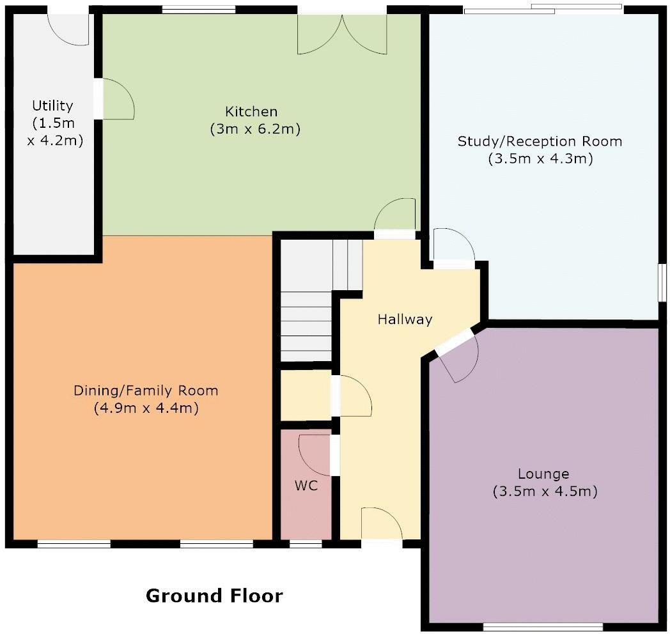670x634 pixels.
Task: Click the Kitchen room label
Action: [x=251, y=111]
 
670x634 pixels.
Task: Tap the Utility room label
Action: [x=52, y=105]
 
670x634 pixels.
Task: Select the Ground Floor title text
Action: [x=214, y=596]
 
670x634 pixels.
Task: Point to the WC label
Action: [x=306, y=485]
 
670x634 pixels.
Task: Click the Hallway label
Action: [x=405, y=319]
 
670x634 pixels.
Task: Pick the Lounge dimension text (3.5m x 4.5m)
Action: [x=545, y=491]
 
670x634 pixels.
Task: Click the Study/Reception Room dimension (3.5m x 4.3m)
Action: [x=540, y=158]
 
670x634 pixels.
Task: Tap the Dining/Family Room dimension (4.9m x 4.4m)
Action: [x=146, y=408]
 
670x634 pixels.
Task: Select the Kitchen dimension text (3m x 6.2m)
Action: [x=255, y=128]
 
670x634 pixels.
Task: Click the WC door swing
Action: [x=315, y=455]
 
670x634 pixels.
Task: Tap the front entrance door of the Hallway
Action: [x=382, y=524]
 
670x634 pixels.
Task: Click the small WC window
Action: [x=306, y=544]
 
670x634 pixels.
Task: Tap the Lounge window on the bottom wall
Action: [x=542, y=627]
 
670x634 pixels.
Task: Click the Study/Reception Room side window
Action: [x=662, y=283]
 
